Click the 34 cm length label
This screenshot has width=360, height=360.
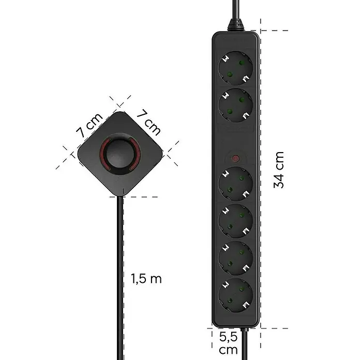[279, 170]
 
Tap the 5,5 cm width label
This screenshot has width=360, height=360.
[228, 343]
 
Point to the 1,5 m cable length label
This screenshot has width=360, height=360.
[146, 279]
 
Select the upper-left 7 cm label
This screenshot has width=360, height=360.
[89, 125]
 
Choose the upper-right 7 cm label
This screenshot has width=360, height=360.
[149, 123]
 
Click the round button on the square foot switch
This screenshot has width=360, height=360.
[120, 154]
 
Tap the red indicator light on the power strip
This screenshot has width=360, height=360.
[235, 158]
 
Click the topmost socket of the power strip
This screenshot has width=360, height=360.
[235, 68]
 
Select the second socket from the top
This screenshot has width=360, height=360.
[235, 106]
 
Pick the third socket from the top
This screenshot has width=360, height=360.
[235, 184]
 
